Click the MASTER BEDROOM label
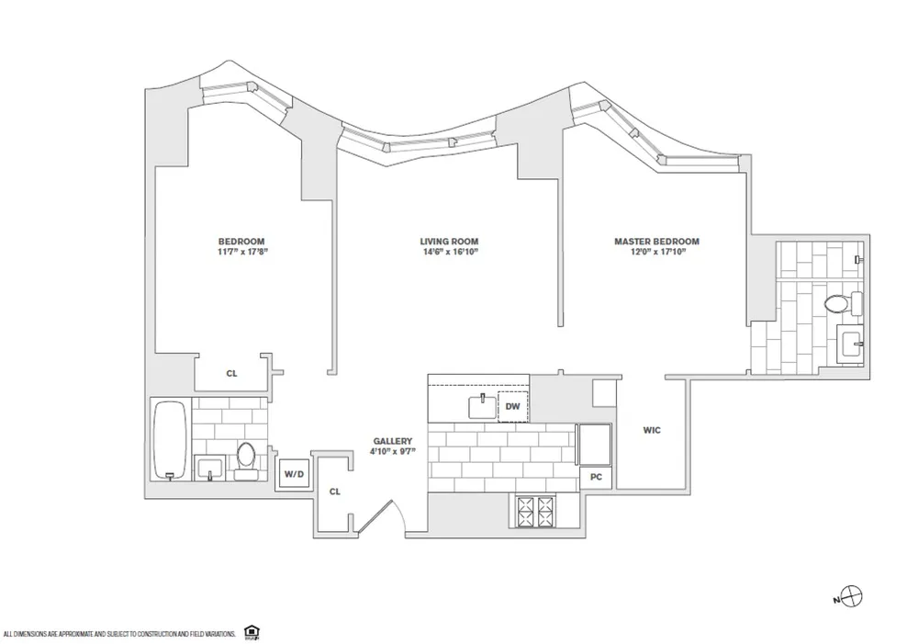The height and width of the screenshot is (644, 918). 656,242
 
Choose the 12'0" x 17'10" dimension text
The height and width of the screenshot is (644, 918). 656,253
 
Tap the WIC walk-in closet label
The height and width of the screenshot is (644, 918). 652,430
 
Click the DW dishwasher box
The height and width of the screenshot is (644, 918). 512,405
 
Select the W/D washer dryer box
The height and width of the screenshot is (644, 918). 294,474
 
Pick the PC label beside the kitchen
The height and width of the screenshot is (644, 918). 595,478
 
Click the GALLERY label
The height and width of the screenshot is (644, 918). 391,441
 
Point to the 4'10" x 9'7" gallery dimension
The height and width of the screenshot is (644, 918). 391,452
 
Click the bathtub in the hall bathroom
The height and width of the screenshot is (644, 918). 171,439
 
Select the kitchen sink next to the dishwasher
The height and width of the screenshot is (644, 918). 480,404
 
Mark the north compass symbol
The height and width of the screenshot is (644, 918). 852,598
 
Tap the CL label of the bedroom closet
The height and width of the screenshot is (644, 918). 231,374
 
